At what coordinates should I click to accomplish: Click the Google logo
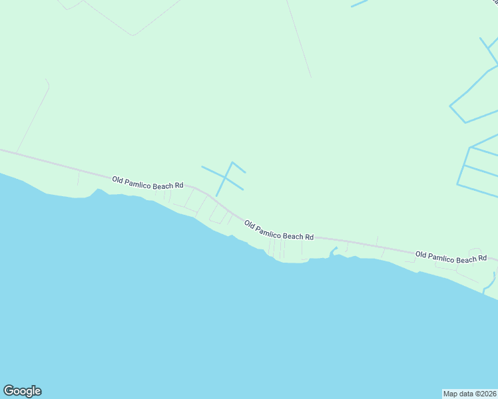point(22,391)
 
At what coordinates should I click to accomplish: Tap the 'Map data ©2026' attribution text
point(470,393)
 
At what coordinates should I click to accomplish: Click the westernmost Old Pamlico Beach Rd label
point(147,183)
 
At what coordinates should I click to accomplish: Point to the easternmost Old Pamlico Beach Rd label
point(451,256)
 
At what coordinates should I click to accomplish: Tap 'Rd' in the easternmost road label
point(482,258)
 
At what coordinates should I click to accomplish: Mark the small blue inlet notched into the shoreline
point(332,252)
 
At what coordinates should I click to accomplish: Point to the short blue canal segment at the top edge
point(359,3)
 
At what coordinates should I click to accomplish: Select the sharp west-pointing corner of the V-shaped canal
point(451,105)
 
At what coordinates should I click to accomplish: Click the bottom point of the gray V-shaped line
point(132,35)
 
